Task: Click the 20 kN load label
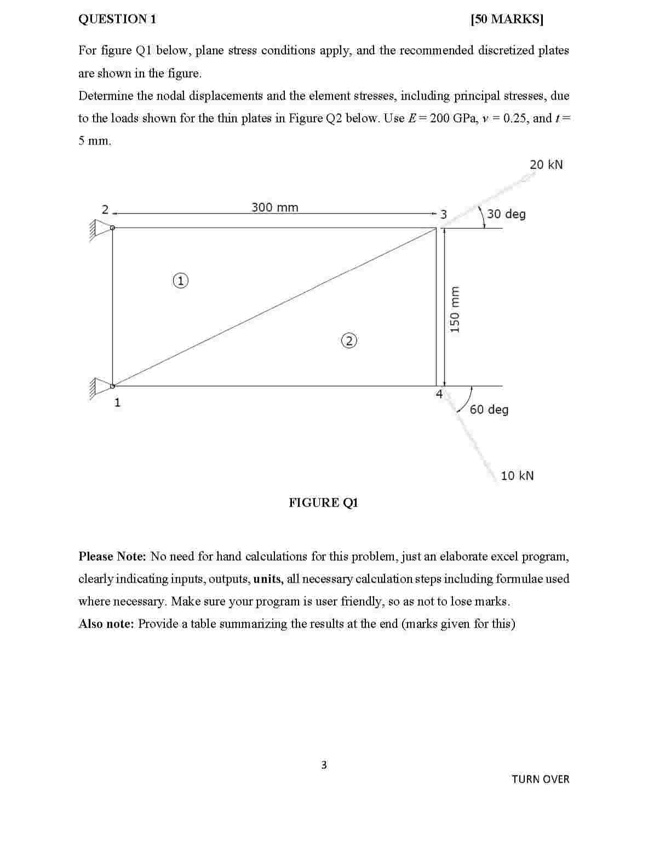pos(546,165)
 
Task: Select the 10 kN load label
pos(517,475)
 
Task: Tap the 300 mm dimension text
pos(275,208)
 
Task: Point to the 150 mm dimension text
pos(454,309)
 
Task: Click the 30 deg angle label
pos(506,214)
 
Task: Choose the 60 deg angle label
pos(489,409)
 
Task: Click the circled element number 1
pos(180,280)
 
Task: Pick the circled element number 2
pos(349,340)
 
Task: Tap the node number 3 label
pos(444,214)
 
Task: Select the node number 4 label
pos(439,394)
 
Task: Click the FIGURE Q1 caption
pos(323,503)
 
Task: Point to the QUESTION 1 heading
pos(117,19)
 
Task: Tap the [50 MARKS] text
pos(507,19)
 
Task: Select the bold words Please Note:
pos(112,557)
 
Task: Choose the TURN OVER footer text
pos(540,779)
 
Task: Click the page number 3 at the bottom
pos(324,765)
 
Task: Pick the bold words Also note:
pos(106,624)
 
